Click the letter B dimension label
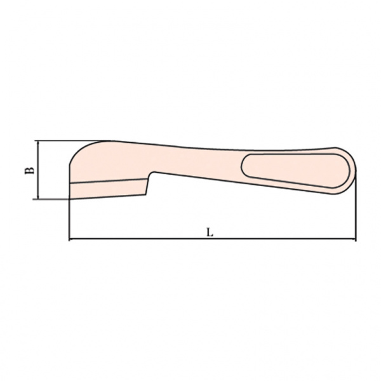(x=29, y=170)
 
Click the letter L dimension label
(x=210, y=232)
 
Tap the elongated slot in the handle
(x=295, y=170)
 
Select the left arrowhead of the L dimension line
(x=72, y=239)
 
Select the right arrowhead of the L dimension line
(x=354, y=239)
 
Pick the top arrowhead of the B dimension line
(x=38, y=143)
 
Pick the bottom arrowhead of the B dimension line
(x=38, y=196)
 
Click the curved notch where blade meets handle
(x=152, y=173)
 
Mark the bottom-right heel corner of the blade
(x=145, y=194)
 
